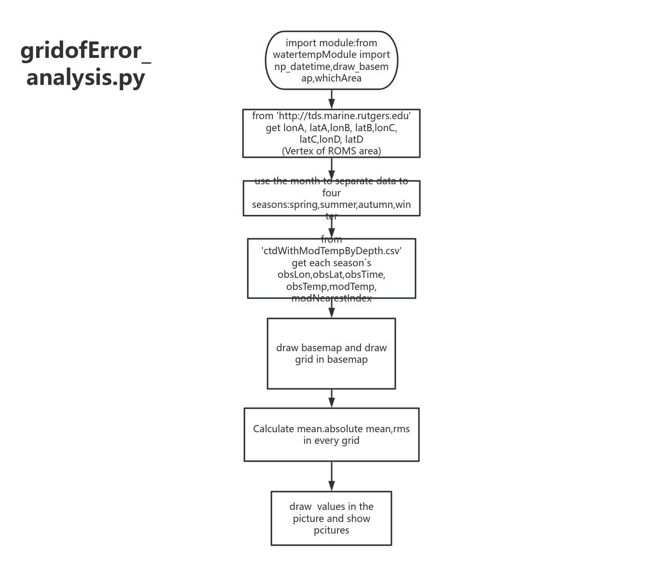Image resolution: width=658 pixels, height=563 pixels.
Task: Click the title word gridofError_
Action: [86, 51]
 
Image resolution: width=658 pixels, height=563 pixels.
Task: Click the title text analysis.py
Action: [86, 77]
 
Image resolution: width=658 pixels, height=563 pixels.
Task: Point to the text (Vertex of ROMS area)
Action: [331, 151]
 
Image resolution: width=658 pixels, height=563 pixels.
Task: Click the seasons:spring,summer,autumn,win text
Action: [331, 205]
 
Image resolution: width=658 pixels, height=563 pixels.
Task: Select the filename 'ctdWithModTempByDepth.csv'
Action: [331, 251]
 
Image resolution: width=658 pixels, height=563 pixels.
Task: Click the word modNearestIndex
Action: [331, 298]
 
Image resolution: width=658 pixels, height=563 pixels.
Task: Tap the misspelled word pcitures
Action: [331, 530]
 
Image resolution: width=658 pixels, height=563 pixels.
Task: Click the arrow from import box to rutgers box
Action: [331, 100]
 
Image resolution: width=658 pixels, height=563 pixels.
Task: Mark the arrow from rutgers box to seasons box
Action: [331, 169]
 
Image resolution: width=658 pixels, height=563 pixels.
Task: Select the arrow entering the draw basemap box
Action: [331, 309]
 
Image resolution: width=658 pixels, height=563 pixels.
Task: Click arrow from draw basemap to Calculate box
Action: [331, 398]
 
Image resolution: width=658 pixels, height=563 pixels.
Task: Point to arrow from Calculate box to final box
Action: [331, 477]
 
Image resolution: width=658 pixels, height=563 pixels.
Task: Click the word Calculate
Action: [273, 429]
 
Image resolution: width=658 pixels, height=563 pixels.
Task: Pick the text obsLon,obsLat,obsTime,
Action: [331, 275]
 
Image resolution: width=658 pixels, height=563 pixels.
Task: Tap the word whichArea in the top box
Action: [338, 78]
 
